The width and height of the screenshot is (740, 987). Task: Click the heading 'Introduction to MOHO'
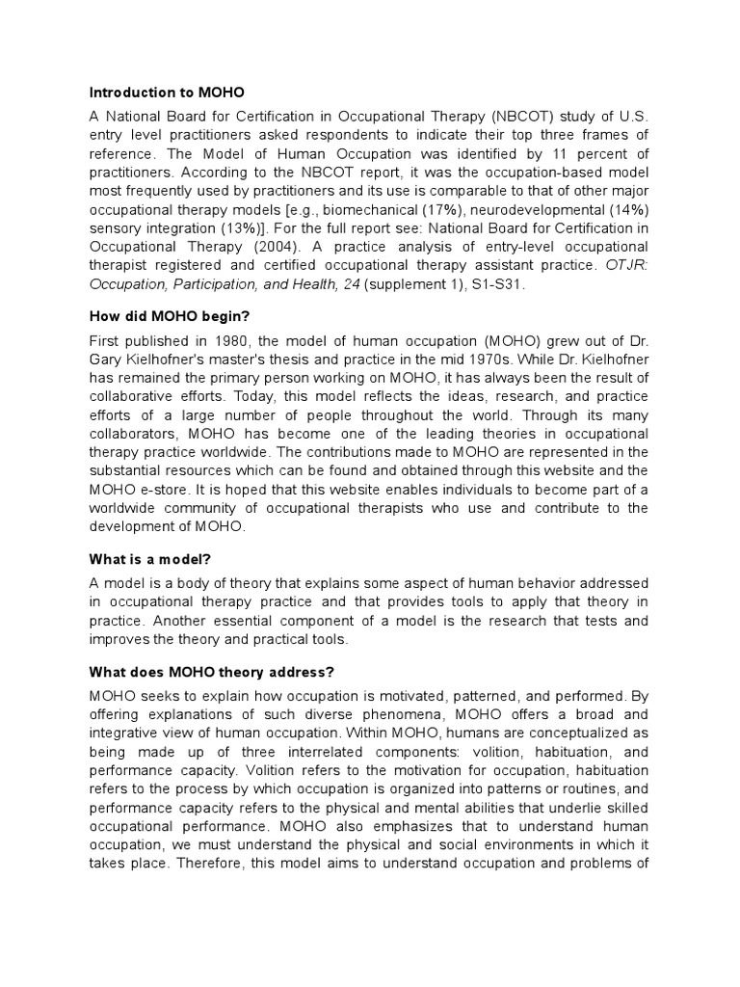click(x=167, y=93)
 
